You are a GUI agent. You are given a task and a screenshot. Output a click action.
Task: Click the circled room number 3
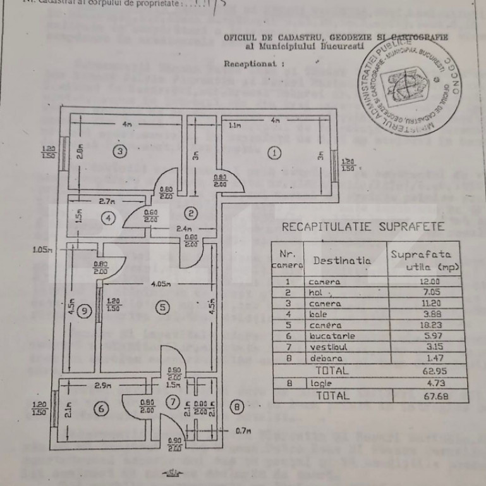(x=121, y=151)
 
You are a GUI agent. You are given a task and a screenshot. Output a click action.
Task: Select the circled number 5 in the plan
(x=162, y=308)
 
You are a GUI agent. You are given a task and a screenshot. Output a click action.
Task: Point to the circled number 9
(x=85, y=309)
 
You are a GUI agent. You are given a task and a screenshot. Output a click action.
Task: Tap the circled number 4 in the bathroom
(x=109, y=218)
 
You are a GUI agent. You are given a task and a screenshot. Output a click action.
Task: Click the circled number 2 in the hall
(x=191, y=212)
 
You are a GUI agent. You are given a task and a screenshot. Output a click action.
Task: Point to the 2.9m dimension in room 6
(x=104, y=385)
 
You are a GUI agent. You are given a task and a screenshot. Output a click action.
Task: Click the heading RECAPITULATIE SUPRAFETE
(x=363, y=227)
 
